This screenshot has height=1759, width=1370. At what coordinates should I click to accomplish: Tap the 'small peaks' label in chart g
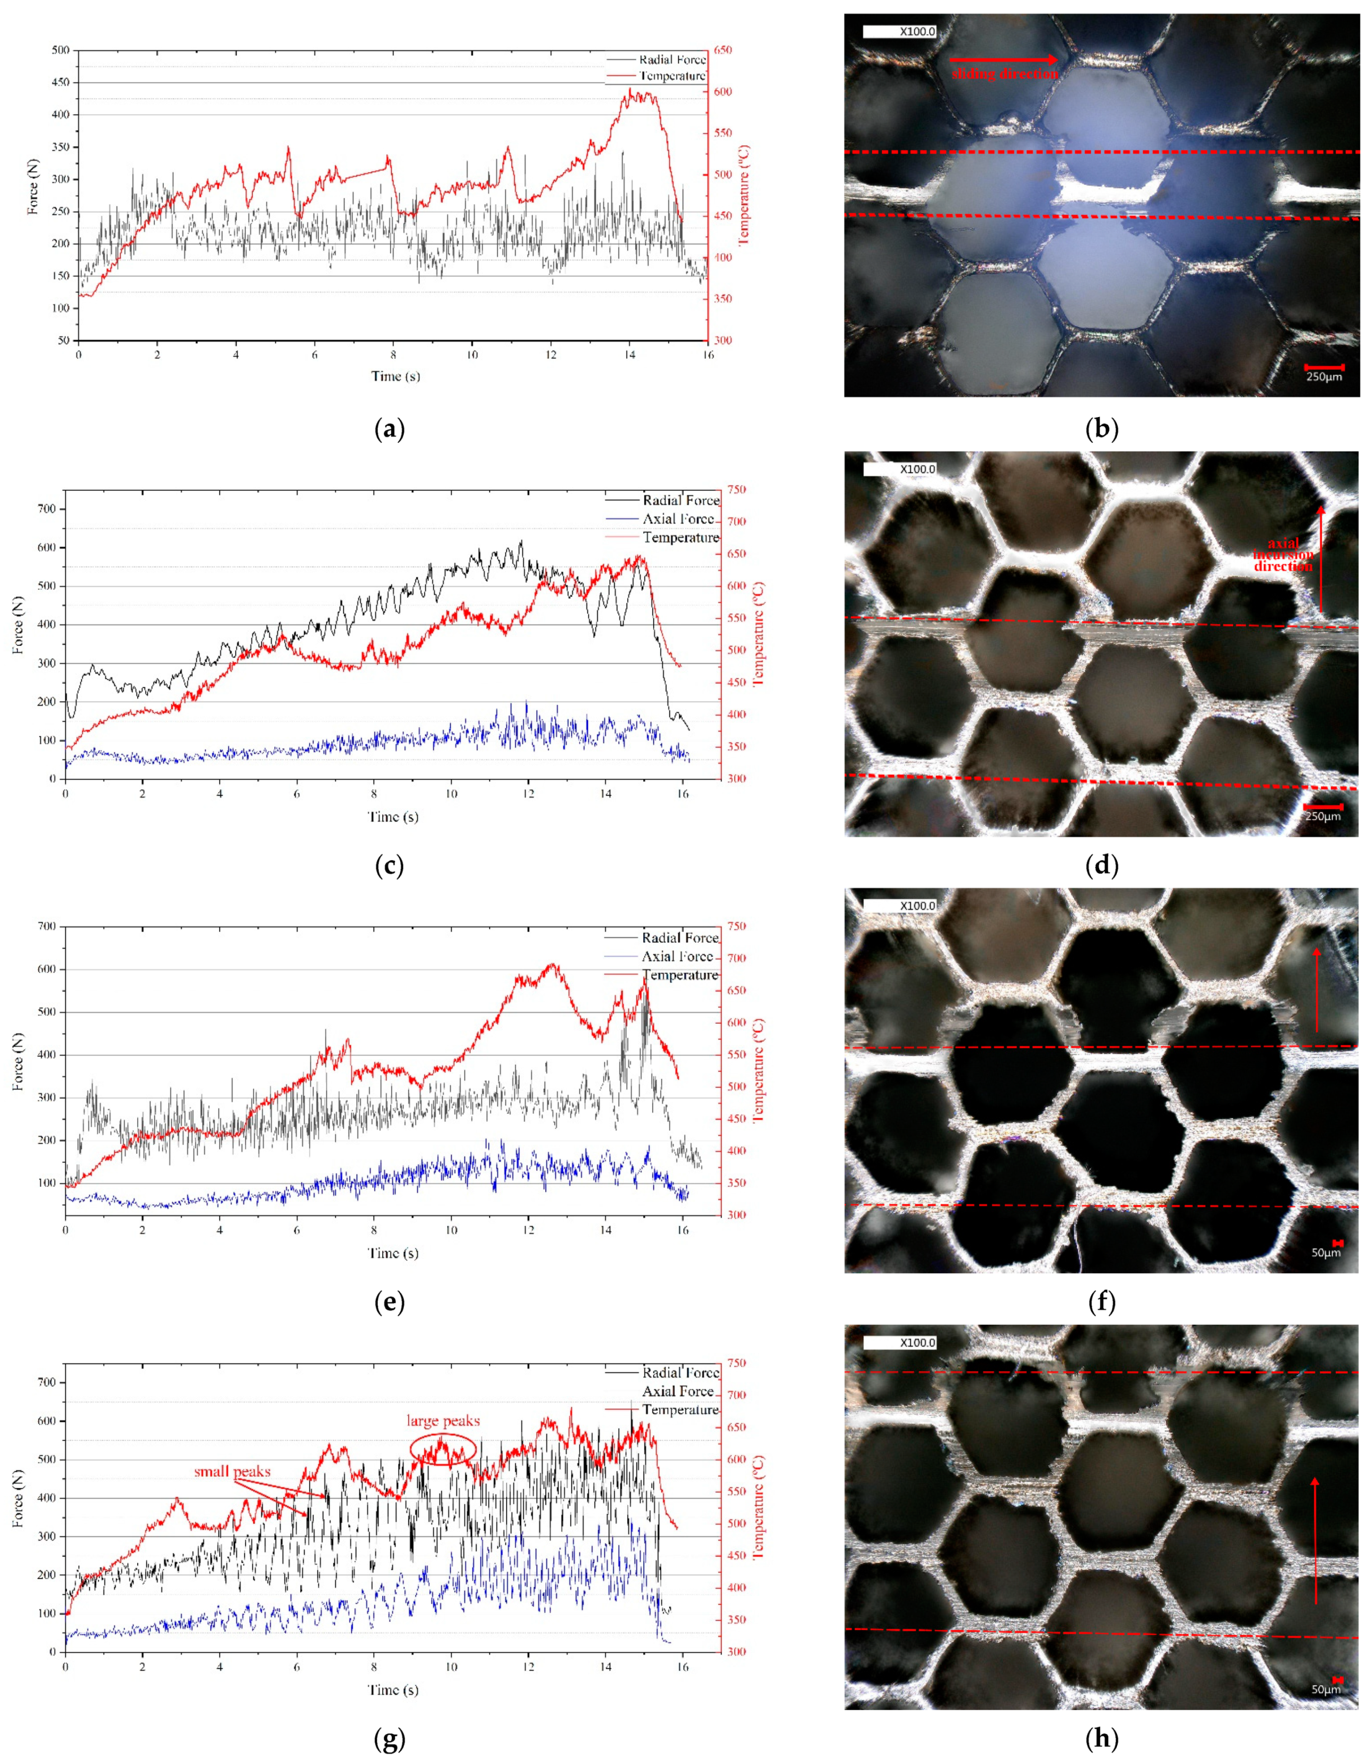click(232, 1471)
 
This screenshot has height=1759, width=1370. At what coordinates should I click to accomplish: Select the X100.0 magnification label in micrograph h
click(917, 1343)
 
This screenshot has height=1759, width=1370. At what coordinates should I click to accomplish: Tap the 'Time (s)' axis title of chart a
click(396, 376)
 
